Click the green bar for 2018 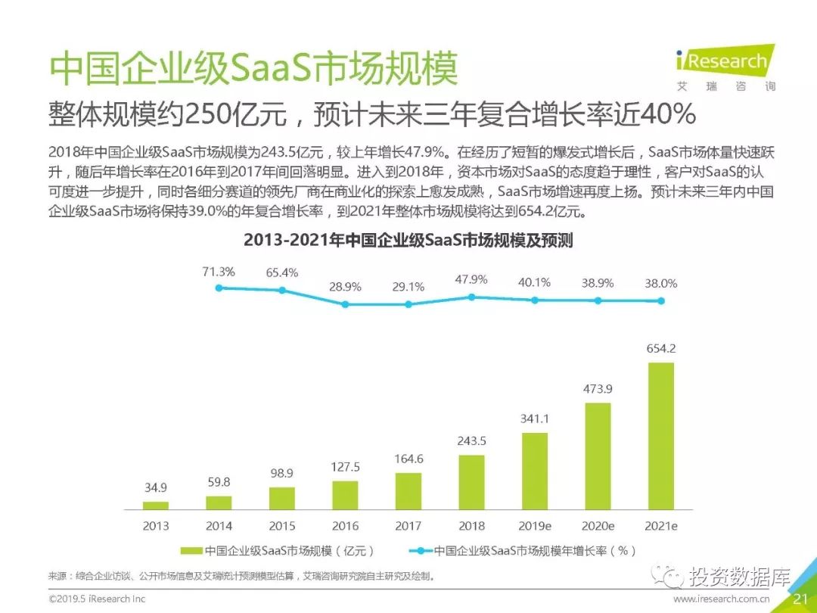pyautogui.click(x=471, y=481)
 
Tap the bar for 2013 pyautogui.click(x=156, y=504)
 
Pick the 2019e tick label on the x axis pyautogui.click(x=534, y=525)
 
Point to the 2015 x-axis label pyautogui.click(x=282, y=525)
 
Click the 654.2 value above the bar pyautogui.click(x=661, y=349)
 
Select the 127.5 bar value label pyautogui.click(x=345, y=467)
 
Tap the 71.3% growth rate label pyautogui.click(x=219, y=272)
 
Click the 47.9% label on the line pyautogui.click(x=471, y=279)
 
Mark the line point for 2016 pyautogui.click(x=345, y=304)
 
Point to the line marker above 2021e pyautogui.click(x=661, y=300)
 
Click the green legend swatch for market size pyautogui.click(x=192, y=550)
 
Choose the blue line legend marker pyautogui.click(x=418, y=550)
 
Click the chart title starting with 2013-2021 pyautogui.click(x=408, y=241)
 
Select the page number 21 pyautogui.click(x=801, y=599)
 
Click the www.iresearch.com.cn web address pyautogui.click(x=722, y=599)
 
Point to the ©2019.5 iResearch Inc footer pyautogui.click(x=96, y=599)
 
